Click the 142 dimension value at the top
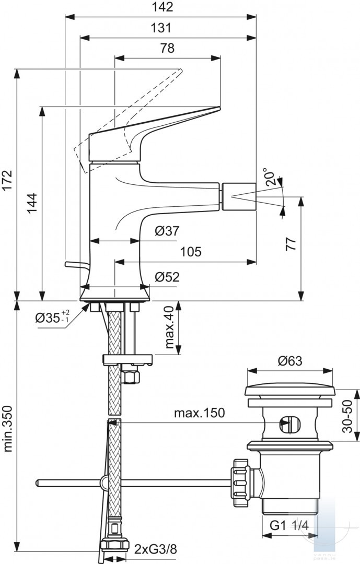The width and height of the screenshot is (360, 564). pos(161,7)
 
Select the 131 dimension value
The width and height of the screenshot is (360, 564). pos(161,28)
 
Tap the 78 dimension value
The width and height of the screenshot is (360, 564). pos(167,48)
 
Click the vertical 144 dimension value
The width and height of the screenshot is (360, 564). pos(32,204)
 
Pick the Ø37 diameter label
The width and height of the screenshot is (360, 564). pos(167,231)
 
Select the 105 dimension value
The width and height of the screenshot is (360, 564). pos(190,252)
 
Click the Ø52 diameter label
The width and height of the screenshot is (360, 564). pos(167,277)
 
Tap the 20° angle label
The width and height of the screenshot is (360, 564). pos(273,177)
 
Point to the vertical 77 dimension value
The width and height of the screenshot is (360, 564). pos(291,244)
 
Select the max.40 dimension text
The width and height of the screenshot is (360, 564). pos(170,327)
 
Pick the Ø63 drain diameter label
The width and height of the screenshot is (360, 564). pos(290,361)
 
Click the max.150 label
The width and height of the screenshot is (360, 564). pos(200,413)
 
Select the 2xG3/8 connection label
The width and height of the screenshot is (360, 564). pos(156,549)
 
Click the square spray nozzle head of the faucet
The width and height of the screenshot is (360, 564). pos(238,196)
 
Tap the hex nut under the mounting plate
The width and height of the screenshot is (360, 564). pos(130,376)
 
